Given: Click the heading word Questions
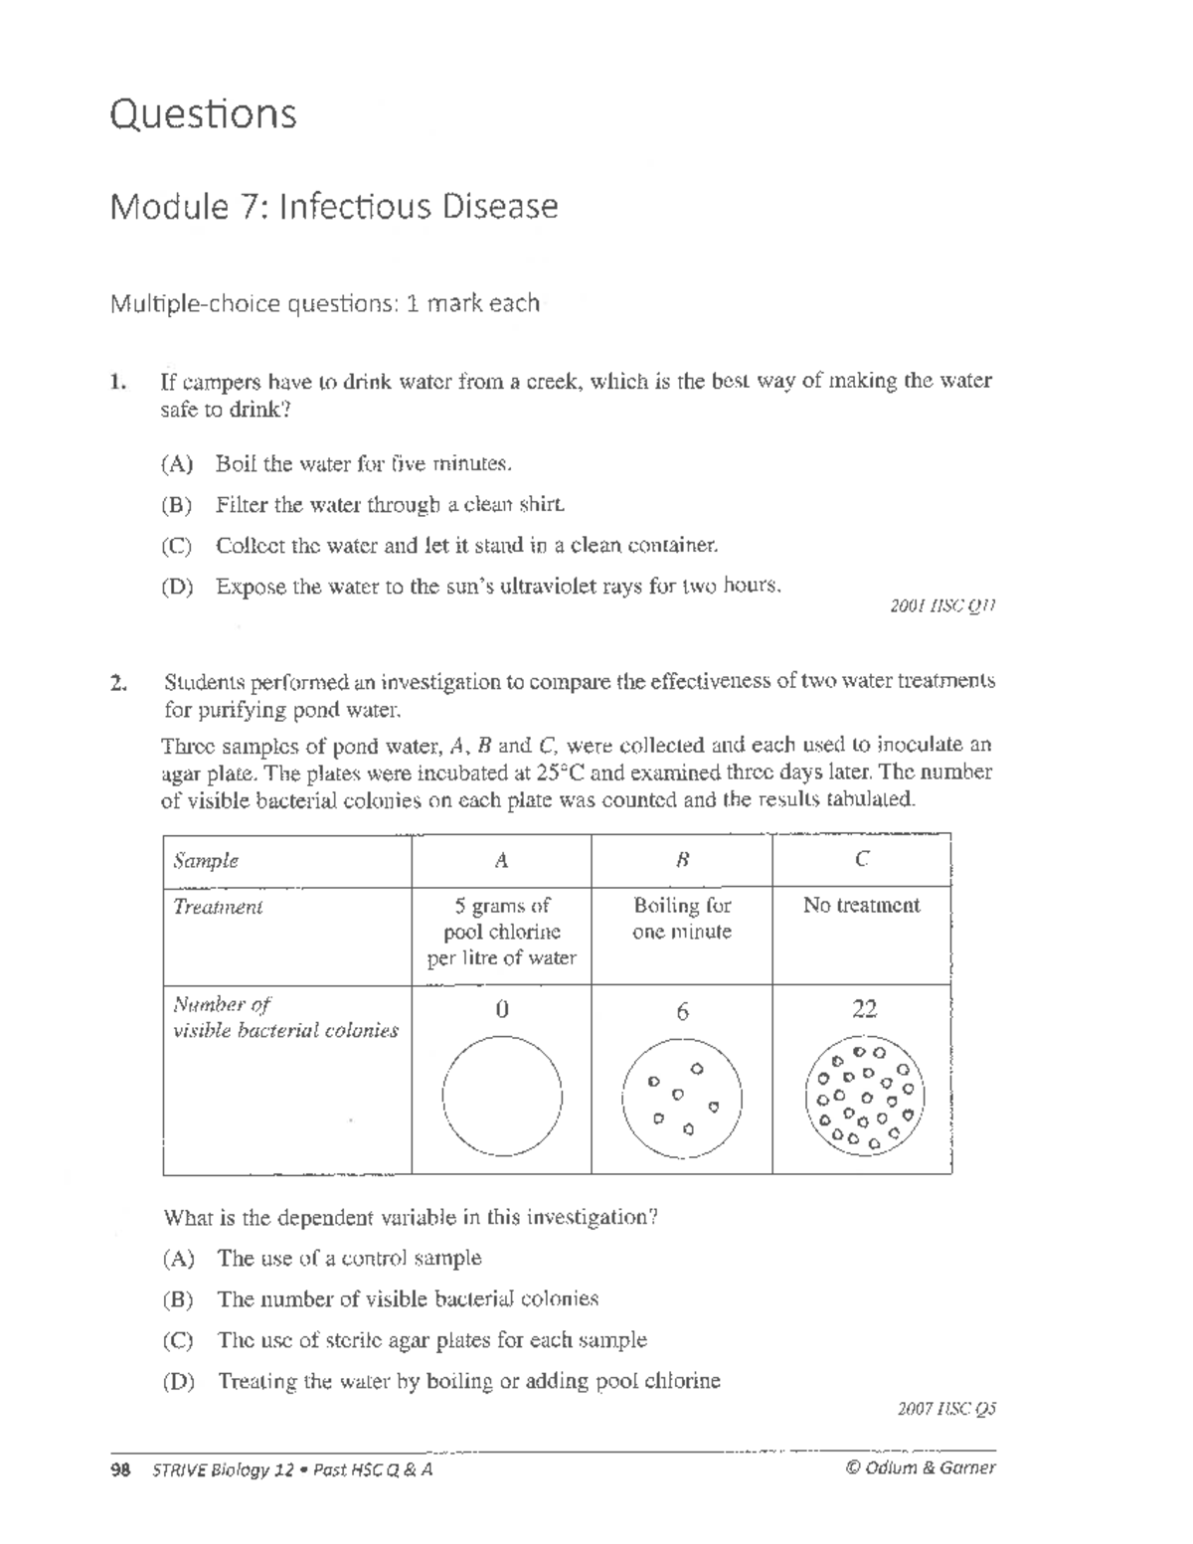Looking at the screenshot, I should (x=203, y=114).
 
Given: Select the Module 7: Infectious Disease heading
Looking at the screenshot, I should (x=334, y=207).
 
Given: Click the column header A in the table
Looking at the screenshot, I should (x=502, y=861).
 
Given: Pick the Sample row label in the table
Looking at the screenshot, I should (x=206, y=861).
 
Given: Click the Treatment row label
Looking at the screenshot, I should (x=218, y=907).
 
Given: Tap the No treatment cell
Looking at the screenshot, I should (x=861, y=906).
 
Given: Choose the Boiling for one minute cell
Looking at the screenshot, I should (x=682, y=919).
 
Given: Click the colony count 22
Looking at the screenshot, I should (x=863, y=1010).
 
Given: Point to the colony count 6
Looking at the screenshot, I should (x=682, y=1012).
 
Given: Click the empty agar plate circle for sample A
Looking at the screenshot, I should (x=502, y=1097).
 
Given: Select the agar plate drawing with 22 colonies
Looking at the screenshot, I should (x=863, y=1097).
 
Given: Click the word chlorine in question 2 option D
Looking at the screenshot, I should (x=683, y=1381).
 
